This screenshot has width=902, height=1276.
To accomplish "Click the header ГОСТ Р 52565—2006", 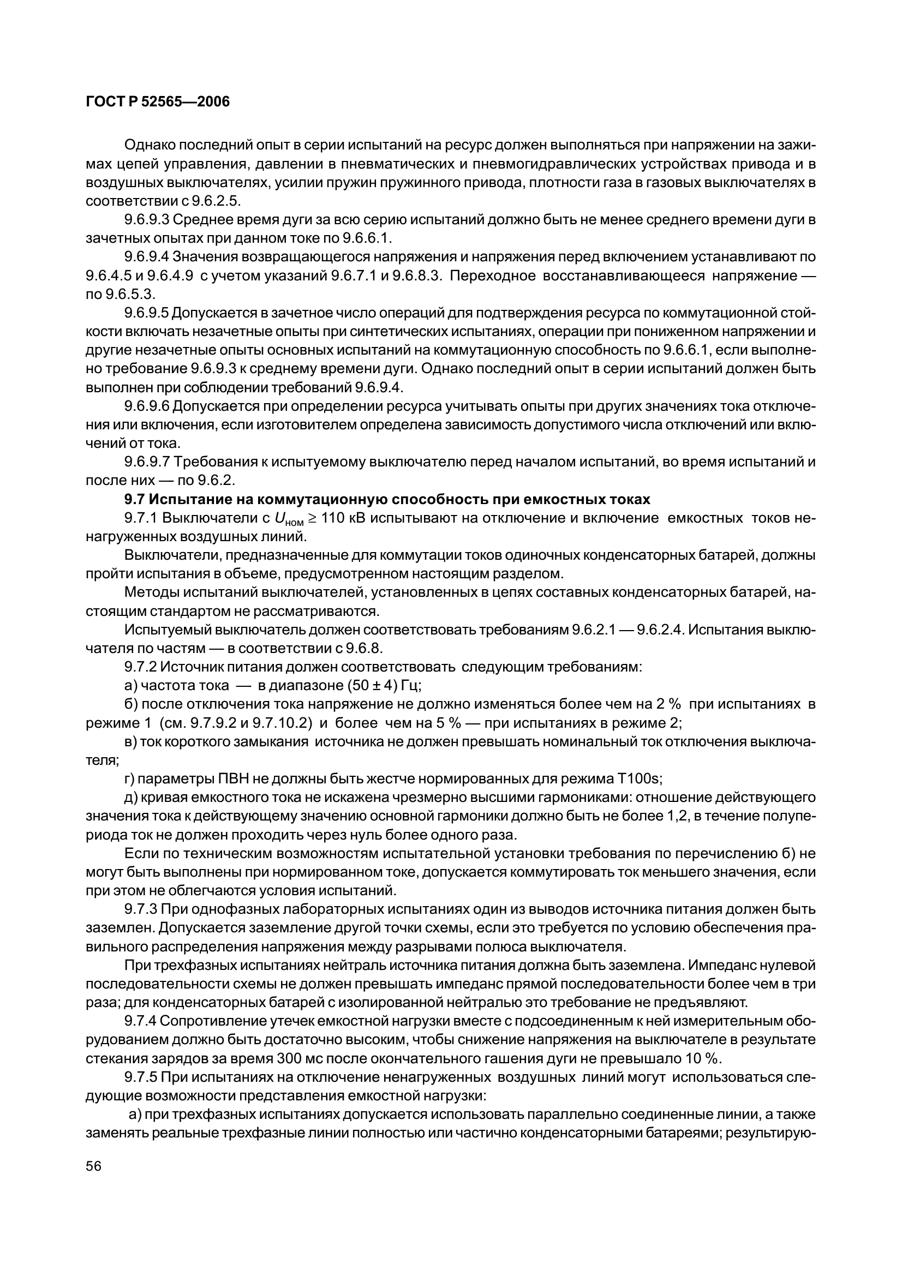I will [x=158, y=102].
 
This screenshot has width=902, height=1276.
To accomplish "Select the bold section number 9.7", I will [x=134, y=500].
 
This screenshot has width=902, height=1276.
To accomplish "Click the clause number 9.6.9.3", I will [x=147, y=219].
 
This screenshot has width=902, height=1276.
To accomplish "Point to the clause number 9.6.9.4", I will [x=147, y=257].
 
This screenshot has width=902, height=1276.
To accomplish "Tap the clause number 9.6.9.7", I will [x=147, y=463].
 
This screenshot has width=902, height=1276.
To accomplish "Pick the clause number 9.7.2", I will [x=140, y=667].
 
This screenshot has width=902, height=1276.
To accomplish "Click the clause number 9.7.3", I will [x=140, y=910].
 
